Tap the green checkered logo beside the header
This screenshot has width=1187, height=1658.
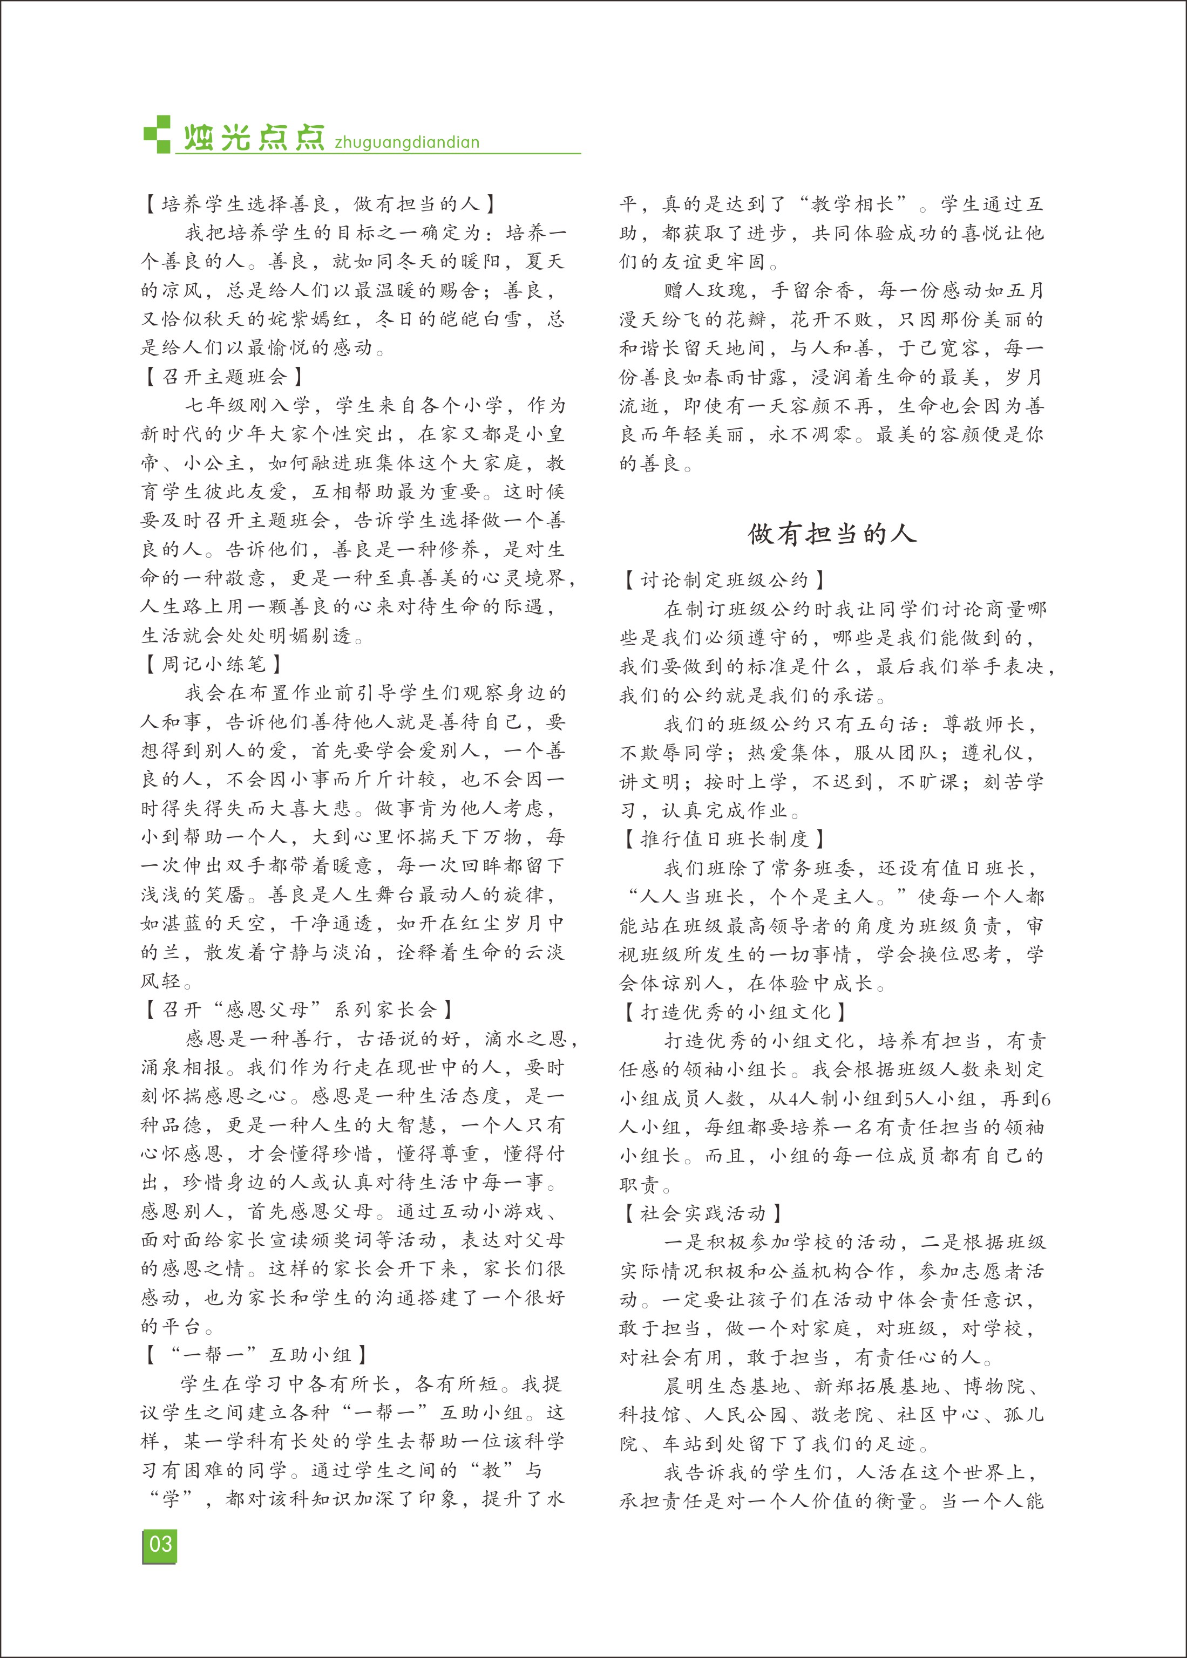tap(157, 134)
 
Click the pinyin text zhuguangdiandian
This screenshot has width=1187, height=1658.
tap(406, 142)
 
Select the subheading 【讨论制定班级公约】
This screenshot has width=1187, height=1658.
tap(724, 580)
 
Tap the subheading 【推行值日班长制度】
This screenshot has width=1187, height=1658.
tap(724, 839)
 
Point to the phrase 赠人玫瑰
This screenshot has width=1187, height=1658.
tap(706, 291)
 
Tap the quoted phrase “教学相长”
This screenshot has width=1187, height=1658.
tap(853, 204)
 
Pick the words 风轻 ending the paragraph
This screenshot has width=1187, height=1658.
tap(161, 981)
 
